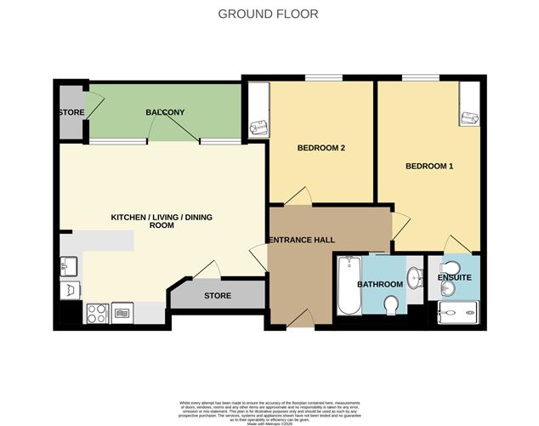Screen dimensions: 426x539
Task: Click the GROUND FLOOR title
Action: click(269, 14)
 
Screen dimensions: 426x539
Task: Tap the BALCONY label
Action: click(165, 112)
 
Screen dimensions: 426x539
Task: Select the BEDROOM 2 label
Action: click(320, 148)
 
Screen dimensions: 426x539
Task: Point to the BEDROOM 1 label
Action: click(428, 166)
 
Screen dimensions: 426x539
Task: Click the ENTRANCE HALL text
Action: click(300, 241)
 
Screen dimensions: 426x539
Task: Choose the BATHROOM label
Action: click(379, 284)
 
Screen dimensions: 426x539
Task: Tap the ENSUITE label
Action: click(454, 277)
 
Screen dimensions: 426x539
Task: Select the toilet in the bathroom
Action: click(392, 304)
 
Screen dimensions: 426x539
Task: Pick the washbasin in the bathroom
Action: click(413, 276)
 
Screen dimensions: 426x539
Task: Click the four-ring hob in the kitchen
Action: click(96, 313)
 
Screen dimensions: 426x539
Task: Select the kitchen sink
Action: click(67, 267)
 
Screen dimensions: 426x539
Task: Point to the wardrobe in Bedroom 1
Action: click(468, 106)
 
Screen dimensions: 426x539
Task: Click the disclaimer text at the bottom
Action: click(269, 408)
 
